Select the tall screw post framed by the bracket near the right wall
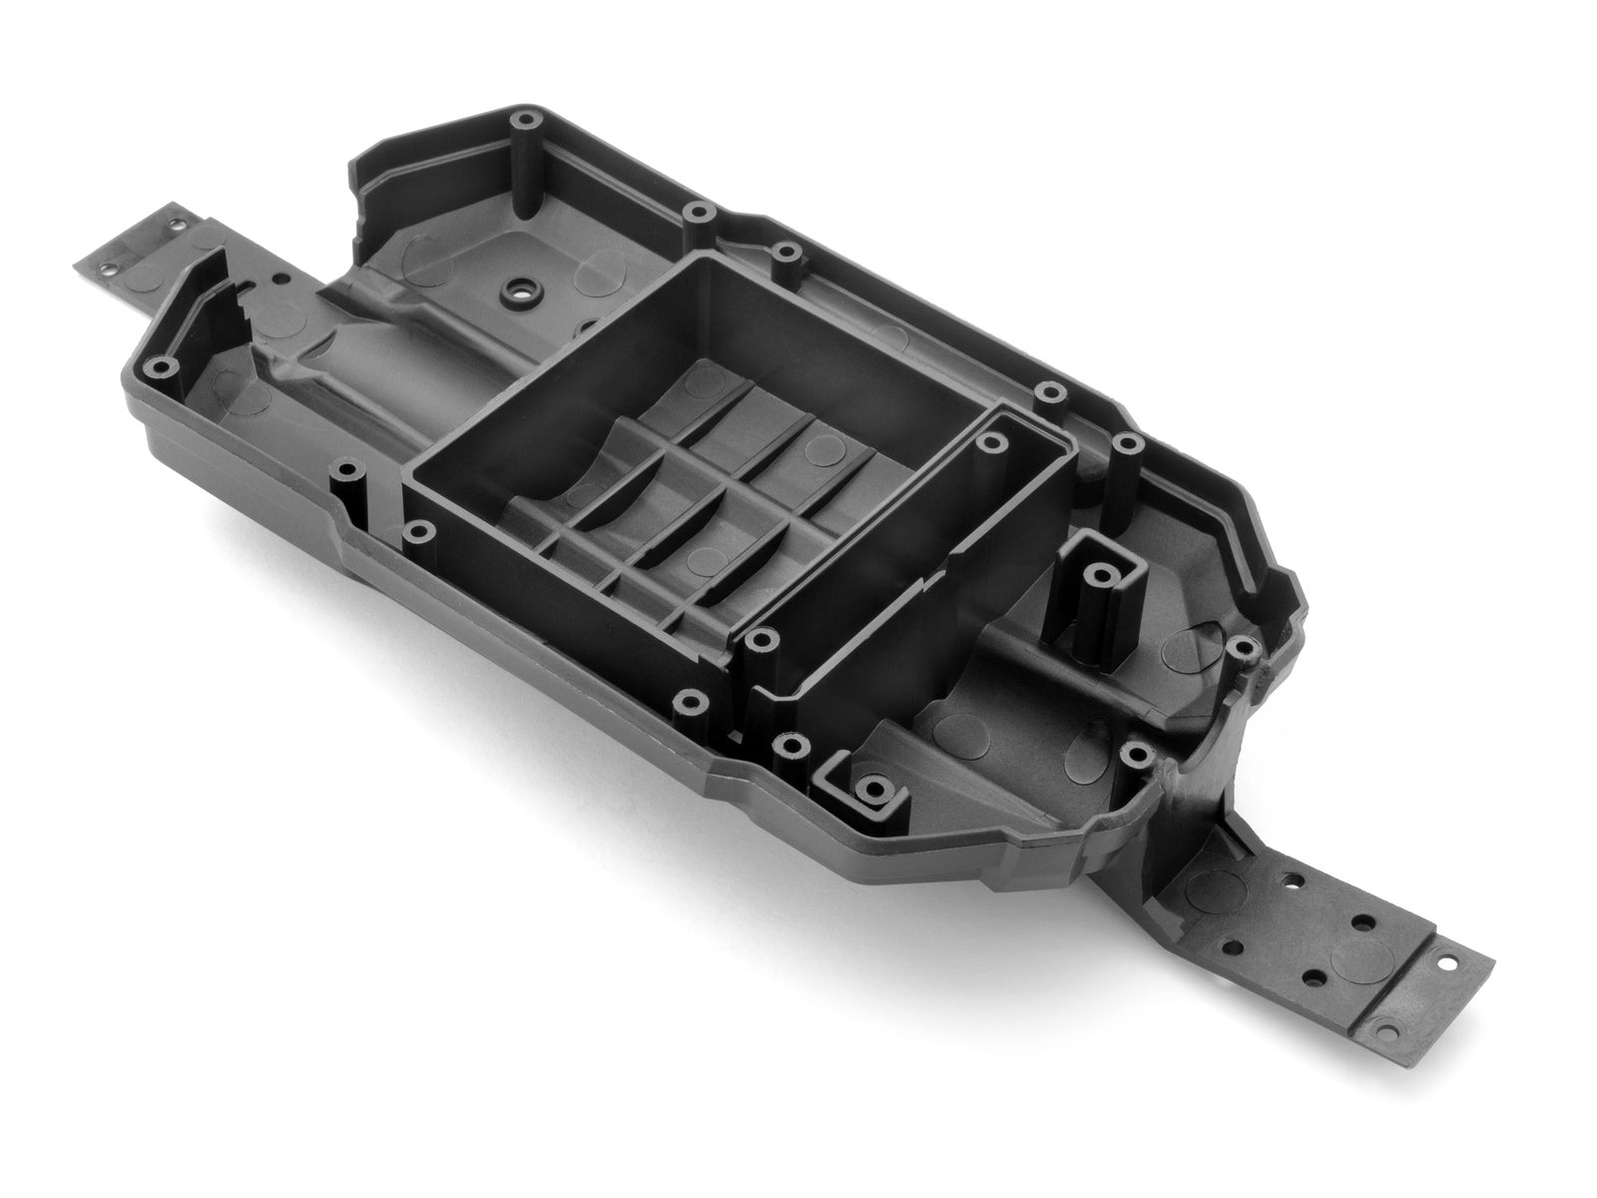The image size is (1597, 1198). pos(1101,574)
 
